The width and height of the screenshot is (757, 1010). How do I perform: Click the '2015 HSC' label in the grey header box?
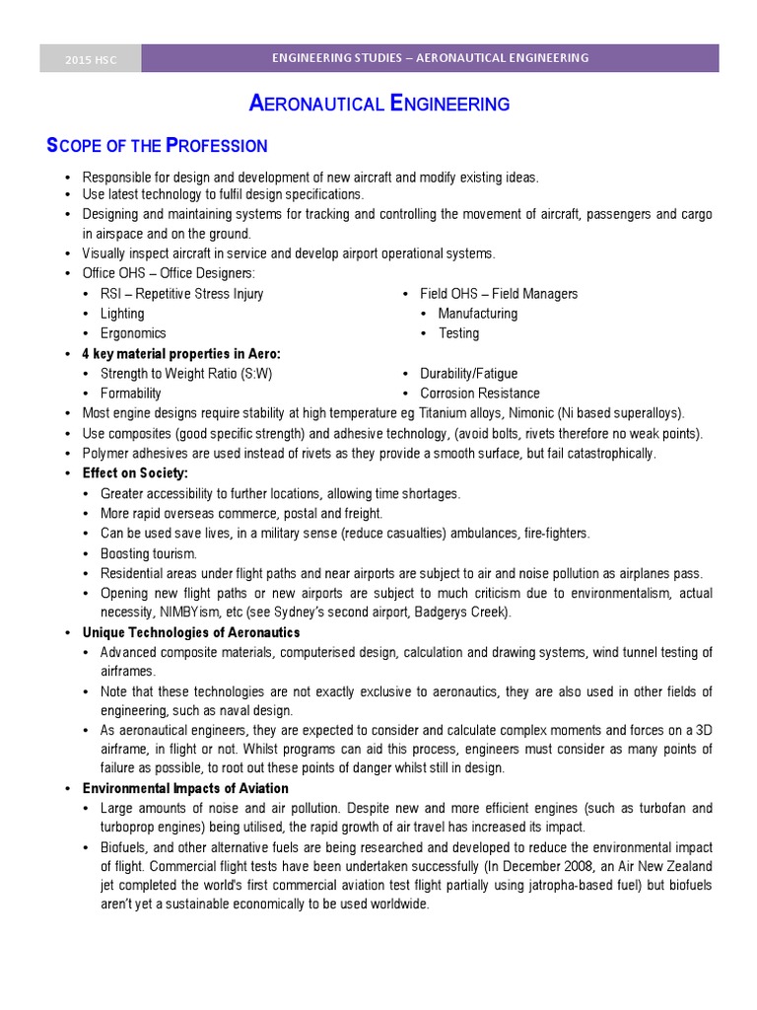coord(91,59)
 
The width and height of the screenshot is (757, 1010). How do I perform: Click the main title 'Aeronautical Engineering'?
coord(378,104)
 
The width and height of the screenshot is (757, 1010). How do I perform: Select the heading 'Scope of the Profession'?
coord(158,146)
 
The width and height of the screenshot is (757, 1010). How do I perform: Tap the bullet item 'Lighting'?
coord(122,314)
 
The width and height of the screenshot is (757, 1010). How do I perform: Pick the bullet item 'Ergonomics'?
coord(133,333)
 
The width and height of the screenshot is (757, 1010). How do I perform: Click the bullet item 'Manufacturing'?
coord(477,314)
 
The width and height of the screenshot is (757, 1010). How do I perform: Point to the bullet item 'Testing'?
coord(458,333)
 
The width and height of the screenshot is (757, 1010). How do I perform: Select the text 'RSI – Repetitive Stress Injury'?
coord(181,294)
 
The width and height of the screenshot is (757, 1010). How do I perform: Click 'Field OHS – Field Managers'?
coord(499,294)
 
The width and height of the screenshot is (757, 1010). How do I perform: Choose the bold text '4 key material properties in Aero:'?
coord(181,353)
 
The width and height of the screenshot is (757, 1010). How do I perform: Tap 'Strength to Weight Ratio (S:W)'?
coord(186,374)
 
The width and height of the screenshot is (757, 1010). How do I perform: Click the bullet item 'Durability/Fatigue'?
coord(468,374)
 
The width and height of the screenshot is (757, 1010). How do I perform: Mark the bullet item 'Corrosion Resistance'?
coord(480,394)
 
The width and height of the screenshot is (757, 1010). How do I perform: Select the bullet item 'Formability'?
coord(131,394)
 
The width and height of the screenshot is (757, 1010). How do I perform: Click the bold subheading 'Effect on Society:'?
coord(135,473)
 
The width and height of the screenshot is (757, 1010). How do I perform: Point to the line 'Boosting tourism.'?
coord(149,553)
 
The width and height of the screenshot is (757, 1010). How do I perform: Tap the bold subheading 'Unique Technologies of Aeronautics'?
coord(191,632)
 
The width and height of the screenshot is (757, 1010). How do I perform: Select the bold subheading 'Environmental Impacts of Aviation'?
coord(185,788)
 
